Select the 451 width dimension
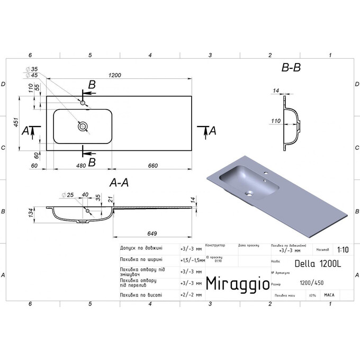[16, 123]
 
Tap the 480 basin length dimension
[80, 166]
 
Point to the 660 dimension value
[153, 166]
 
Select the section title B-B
[291, 68]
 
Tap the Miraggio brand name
[236, 283]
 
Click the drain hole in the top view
[83, 127]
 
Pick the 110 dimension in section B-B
[275, 121]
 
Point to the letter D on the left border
[3, 84]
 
